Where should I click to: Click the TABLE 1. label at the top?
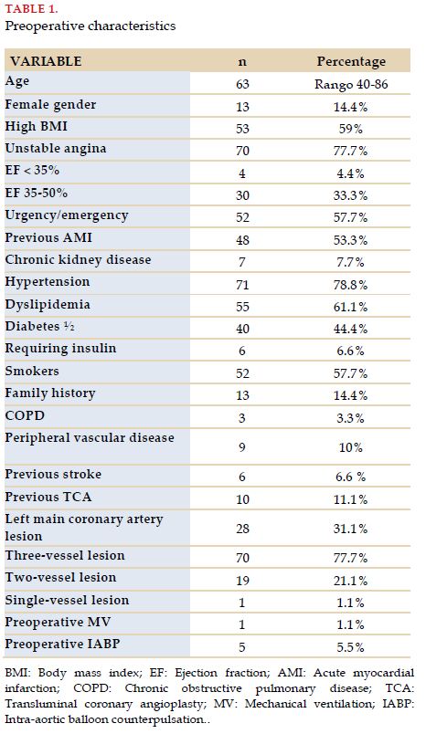tap(31, 9)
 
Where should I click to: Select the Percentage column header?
tap(351, 61)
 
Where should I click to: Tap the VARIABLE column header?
tap(46, 61)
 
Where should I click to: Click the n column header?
tap(242, 62)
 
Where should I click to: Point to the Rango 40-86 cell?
tap(351, 85)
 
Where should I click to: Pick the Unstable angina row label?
tap(56, 149)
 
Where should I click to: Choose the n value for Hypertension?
tap(242, 285)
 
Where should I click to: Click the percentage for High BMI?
tap(351, 129)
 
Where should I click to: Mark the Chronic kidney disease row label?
tap(78, 260)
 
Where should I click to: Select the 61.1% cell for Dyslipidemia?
tap(351, 307)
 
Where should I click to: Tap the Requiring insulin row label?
tap(60, 349)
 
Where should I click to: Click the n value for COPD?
tap(242, 418)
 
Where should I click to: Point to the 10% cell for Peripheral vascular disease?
tap(351, 447)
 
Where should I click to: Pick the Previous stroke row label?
tap(53, 474)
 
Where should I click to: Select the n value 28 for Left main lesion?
tap(242, 529)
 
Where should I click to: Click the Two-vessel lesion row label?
tap(60, 577)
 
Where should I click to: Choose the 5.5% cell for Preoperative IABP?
tap(351, 647)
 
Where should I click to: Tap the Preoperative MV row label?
tap(58, 622)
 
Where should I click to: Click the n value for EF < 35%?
tap(242, 173)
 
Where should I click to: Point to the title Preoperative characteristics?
tap(91, 26)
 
